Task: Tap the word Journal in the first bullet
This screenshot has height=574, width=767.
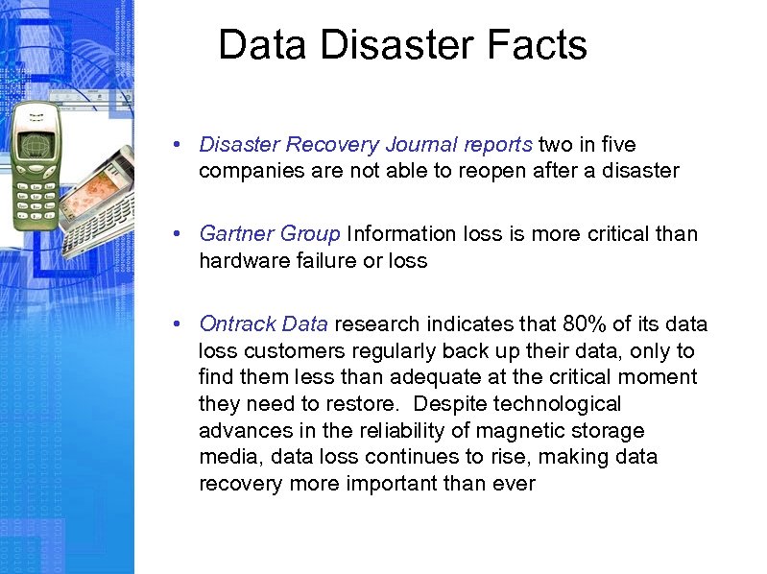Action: [x=419, y=145]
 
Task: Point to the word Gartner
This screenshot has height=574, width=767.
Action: [x=236, y=234]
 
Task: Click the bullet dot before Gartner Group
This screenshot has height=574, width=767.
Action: [x=180, y=234]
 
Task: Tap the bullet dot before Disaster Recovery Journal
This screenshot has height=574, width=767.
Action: [x=180, y=145]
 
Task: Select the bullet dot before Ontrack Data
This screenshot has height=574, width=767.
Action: [x=180, y=323]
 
